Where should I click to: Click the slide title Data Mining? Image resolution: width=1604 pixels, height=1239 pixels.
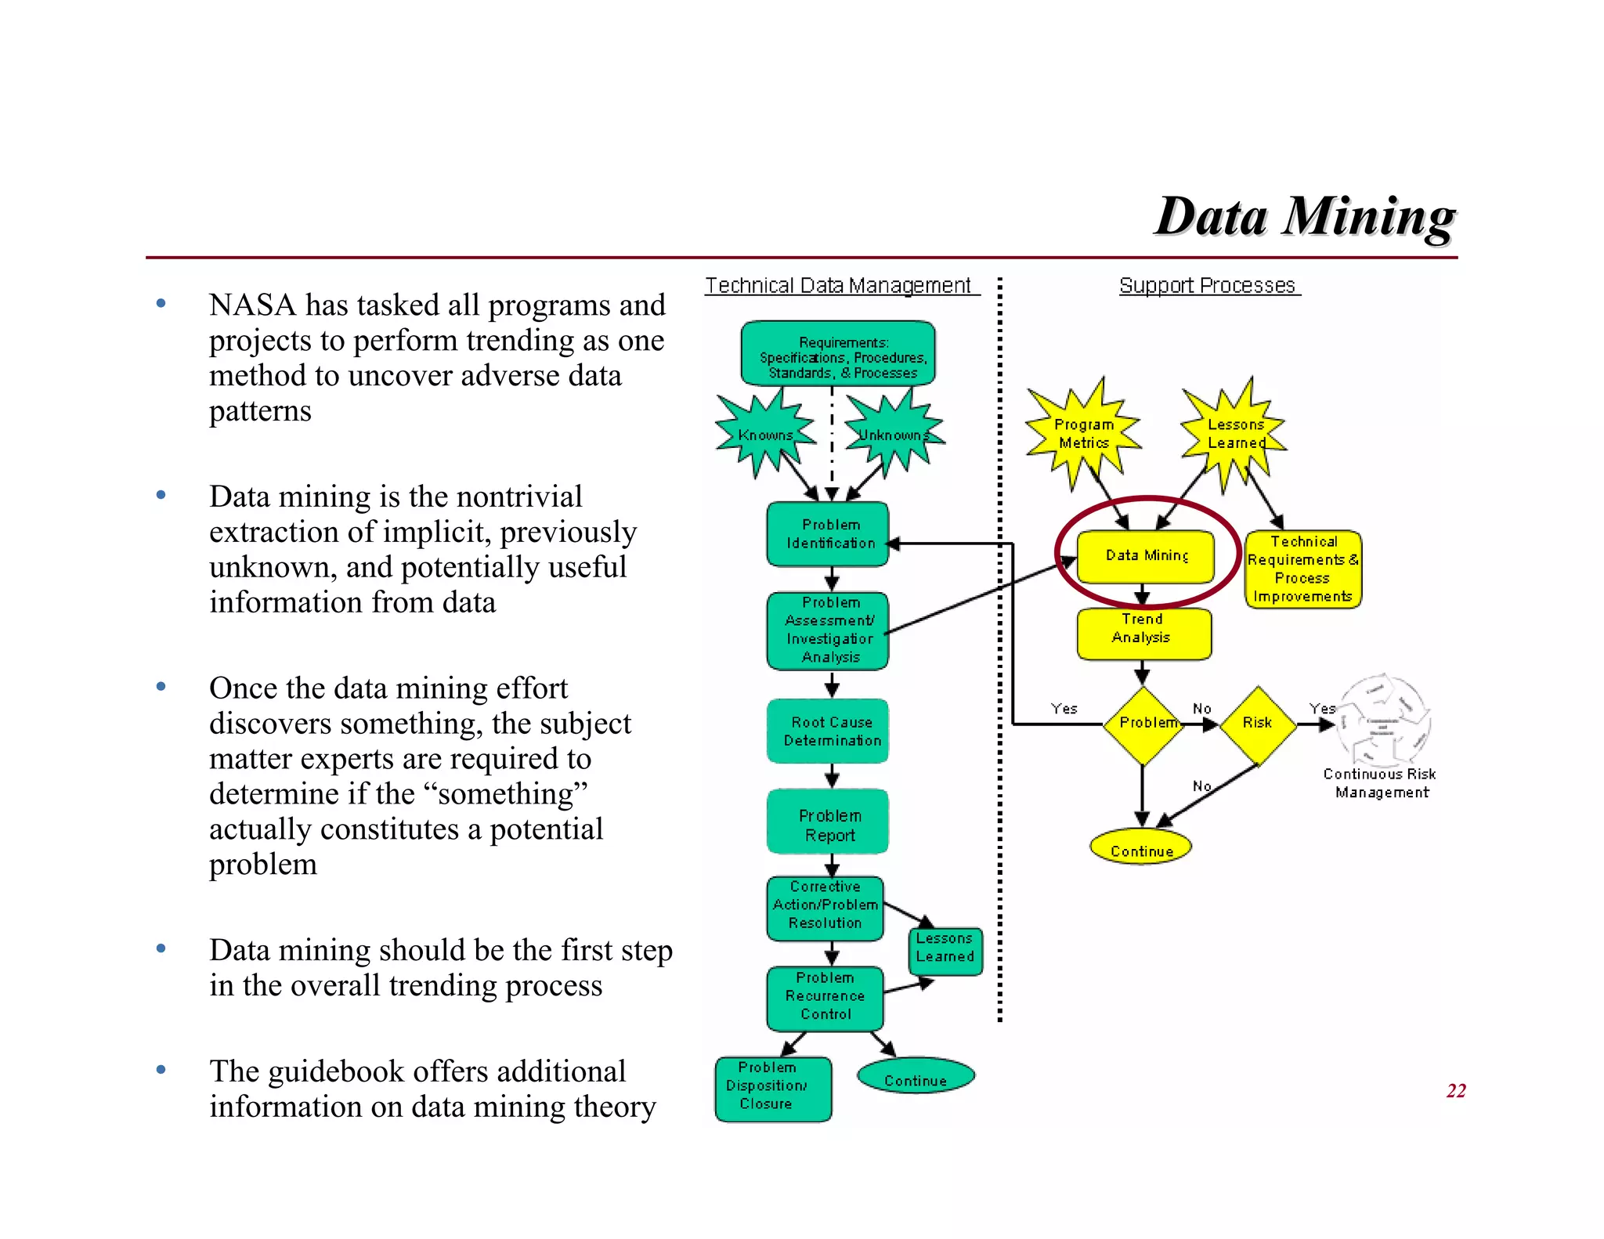1304,216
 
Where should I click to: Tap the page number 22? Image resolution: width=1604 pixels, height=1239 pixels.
1455,1091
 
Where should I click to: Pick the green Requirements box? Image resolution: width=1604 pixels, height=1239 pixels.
838,354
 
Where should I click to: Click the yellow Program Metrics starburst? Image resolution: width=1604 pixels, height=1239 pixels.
1084,433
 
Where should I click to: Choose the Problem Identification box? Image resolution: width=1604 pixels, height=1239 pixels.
829,534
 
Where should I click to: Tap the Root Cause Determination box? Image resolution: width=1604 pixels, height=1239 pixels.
829,731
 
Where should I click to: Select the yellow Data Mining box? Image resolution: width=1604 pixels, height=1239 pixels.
1146,556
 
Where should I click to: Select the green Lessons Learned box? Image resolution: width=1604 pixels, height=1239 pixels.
945,949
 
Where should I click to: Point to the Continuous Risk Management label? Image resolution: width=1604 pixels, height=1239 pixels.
1381,783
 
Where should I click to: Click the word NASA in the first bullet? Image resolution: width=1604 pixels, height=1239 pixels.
251,305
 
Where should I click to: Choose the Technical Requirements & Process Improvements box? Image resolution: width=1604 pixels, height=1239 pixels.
1303,569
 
